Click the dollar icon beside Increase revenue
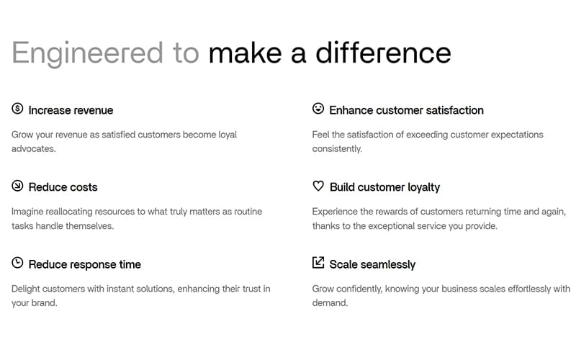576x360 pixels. coord(17,109)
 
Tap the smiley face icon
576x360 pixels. coord(318,109)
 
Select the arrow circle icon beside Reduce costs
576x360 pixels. coord(17,186)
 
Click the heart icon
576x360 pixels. coord(318,186)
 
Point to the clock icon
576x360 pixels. coord(17,263)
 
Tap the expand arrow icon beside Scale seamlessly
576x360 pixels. coord(318,262)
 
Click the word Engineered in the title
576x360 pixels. coord(87,53)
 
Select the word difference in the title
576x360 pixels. coord(383,53)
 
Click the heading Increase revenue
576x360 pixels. coord(71,110)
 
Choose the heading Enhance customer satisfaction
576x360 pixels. coord(406,110)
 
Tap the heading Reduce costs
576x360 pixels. coord(63,187)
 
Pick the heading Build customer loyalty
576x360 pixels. coord(384,187)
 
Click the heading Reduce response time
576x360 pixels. coord(85,264)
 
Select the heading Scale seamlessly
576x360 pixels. coord(372,264)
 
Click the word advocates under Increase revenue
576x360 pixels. coord(33,149)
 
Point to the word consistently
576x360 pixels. coord(337,149)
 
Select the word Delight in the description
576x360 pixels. coord(25,289)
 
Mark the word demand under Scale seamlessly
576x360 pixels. coord(330,303)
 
